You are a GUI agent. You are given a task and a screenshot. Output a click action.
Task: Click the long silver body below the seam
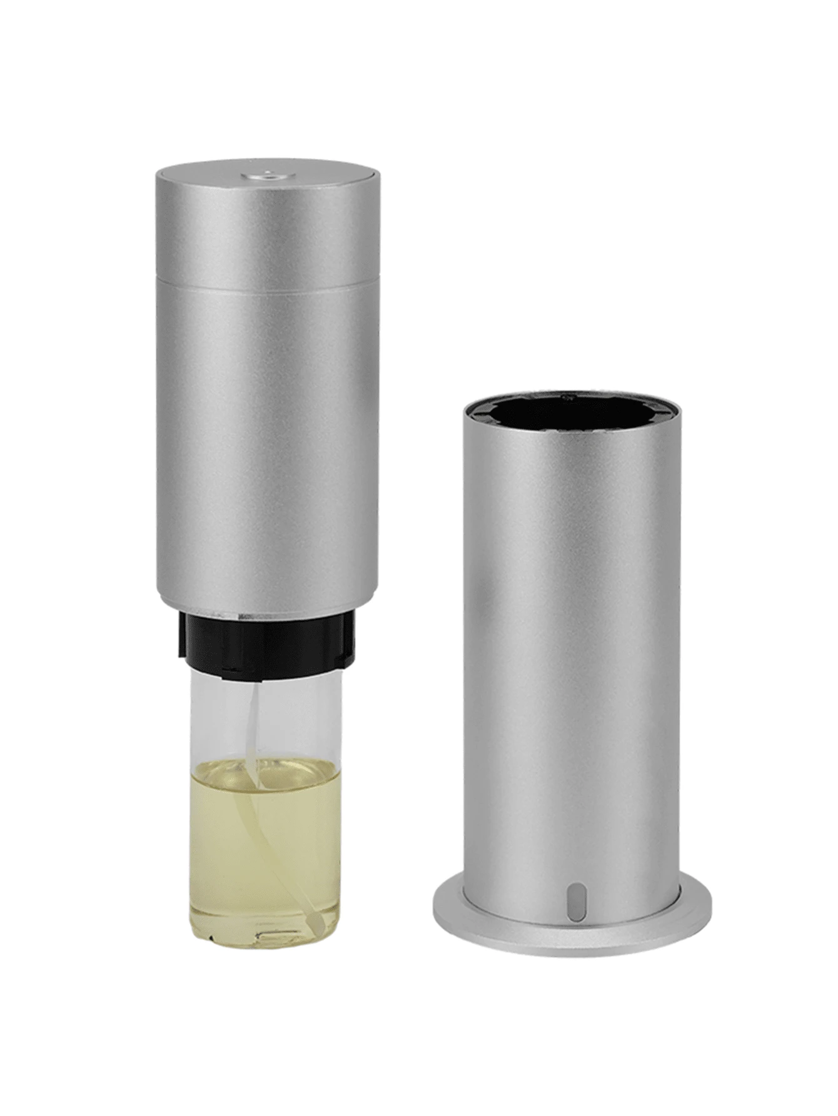[x=268, y=438]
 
